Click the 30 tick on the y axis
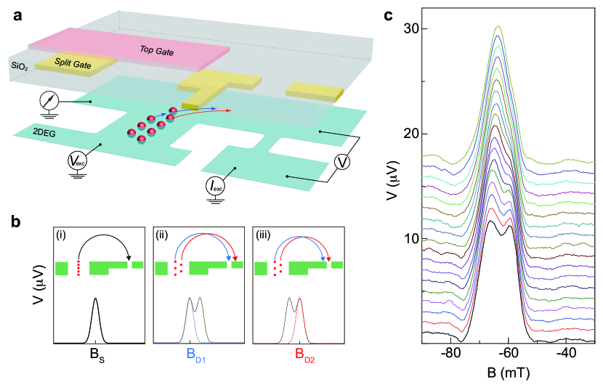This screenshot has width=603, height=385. click(413, 28)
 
